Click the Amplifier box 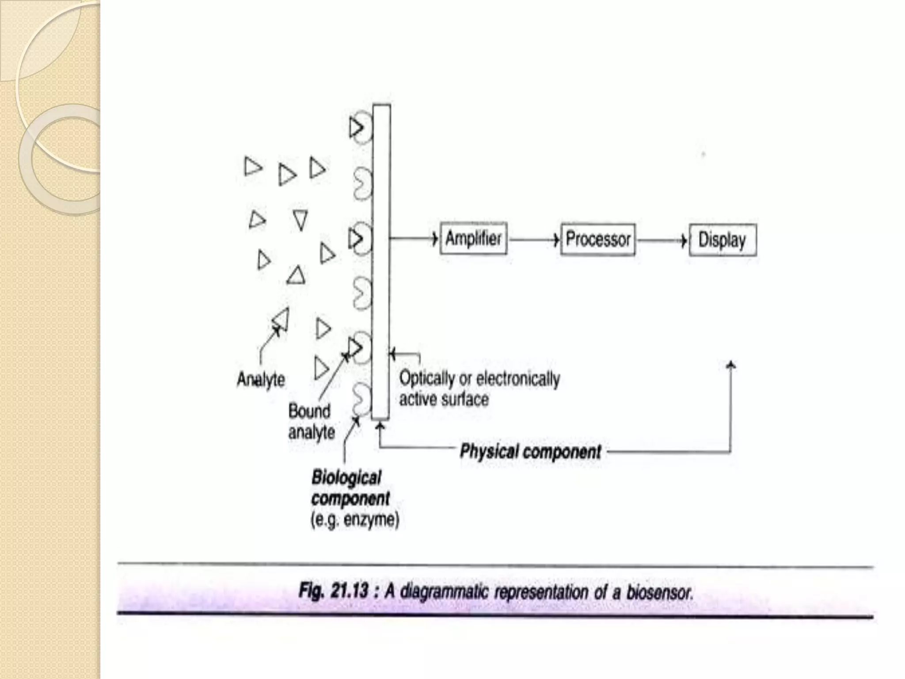click(473, 239)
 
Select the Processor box click(597, 240)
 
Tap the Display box click(722, 240)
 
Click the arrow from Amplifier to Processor click(534, 240)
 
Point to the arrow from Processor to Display click(662, 240)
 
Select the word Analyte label click(261, 379)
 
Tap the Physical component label click(530, 451)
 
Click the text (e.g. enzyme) click(355, 519)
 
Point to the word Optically click(427, 378)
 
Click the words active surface click(444, 399)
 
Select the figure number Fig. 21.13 click(334, 591)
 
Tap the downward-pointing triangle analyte click(300, 220)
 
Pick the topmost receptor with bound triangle click(360, 128)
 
